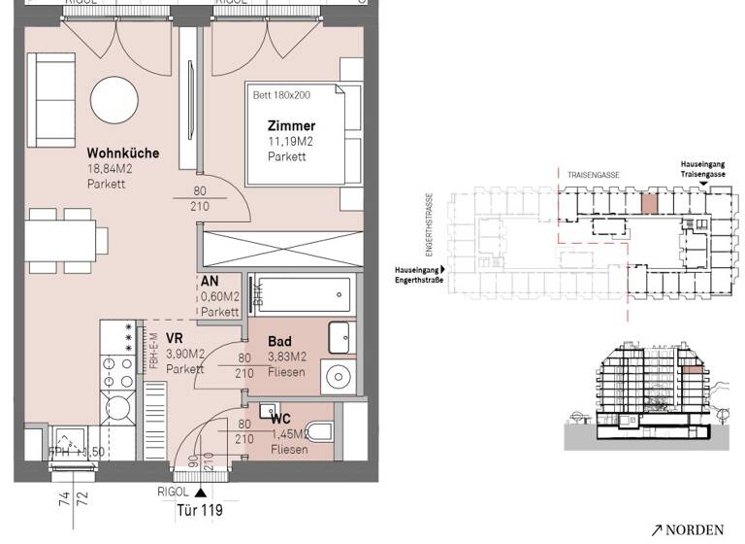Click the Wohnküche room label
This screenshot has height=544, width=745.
[x=122, y=153]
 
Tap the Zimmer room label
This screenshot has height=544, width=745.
[x=292, y=126]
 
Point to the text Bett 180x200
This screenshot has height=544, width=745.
[x=281, y=95]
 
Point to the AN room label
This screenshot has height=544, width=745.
[x=208, y=283]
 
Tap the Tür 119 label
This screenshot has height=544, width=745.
[x=199, y=509]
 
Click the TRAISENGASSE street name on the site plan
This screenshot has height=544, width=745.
[x=596, y=176]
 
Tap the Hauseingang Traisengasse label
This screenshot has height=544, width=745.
[x=702, y=170]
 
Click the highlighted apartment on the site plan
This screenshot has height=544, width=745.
[x=647, y=204]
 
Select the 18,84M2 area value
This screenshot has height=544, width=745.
[x=109, y=168]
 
